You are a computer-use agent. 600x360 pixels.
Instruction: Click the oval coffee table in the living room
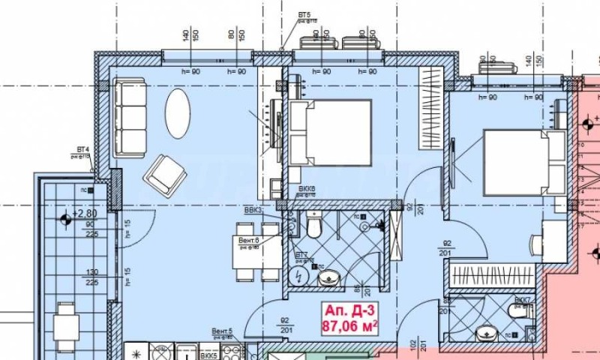coord(178,114)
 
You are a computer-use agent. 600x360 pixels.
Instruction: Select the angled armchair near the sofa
coord(165,175)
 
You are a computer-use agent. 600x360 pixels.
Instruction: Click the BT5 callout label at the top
coord(304,14)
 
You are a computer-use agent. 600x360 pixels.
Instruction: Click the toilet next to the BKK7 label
coord(520,310)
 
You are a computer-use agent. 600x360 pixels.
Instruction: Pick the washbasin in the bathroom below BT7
coord(328,279)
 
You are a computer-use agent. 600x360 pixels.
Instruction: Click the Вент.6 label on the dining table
coord(248,241)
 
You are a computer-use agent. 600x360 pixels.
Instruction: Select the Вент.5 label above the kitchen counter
coord(222,331)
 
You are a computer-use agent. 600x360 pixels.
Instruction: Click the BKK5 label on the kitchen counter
coord(209,356)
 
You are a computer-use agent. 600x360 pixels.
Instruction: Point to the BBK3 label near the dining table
coord(252,211)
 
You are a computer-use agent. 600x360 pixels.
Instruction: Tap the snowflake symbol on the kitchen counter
coord(136,352)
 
